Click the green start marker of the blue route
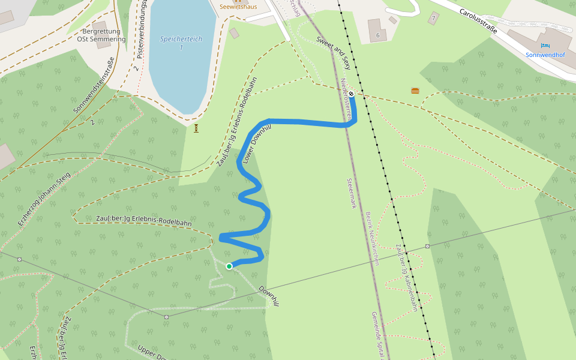coord(229,266)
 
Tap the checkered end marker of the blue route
coord(352,94)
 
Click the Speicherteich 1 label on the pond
coord(181,43)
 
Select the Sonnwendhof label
coord(545,55)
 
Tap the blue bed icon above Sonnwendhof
coord(545,45)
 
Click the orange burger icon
coord(415,91)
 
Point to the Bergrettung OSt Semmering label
coord(101,35)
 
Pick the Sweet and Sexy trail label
coord(333,52)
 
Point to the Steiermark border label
coord(352,193)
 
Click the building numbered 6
coord(377,35)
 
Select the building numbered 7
coord(434,19)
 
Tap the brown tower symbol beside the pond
coord(196,128)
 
